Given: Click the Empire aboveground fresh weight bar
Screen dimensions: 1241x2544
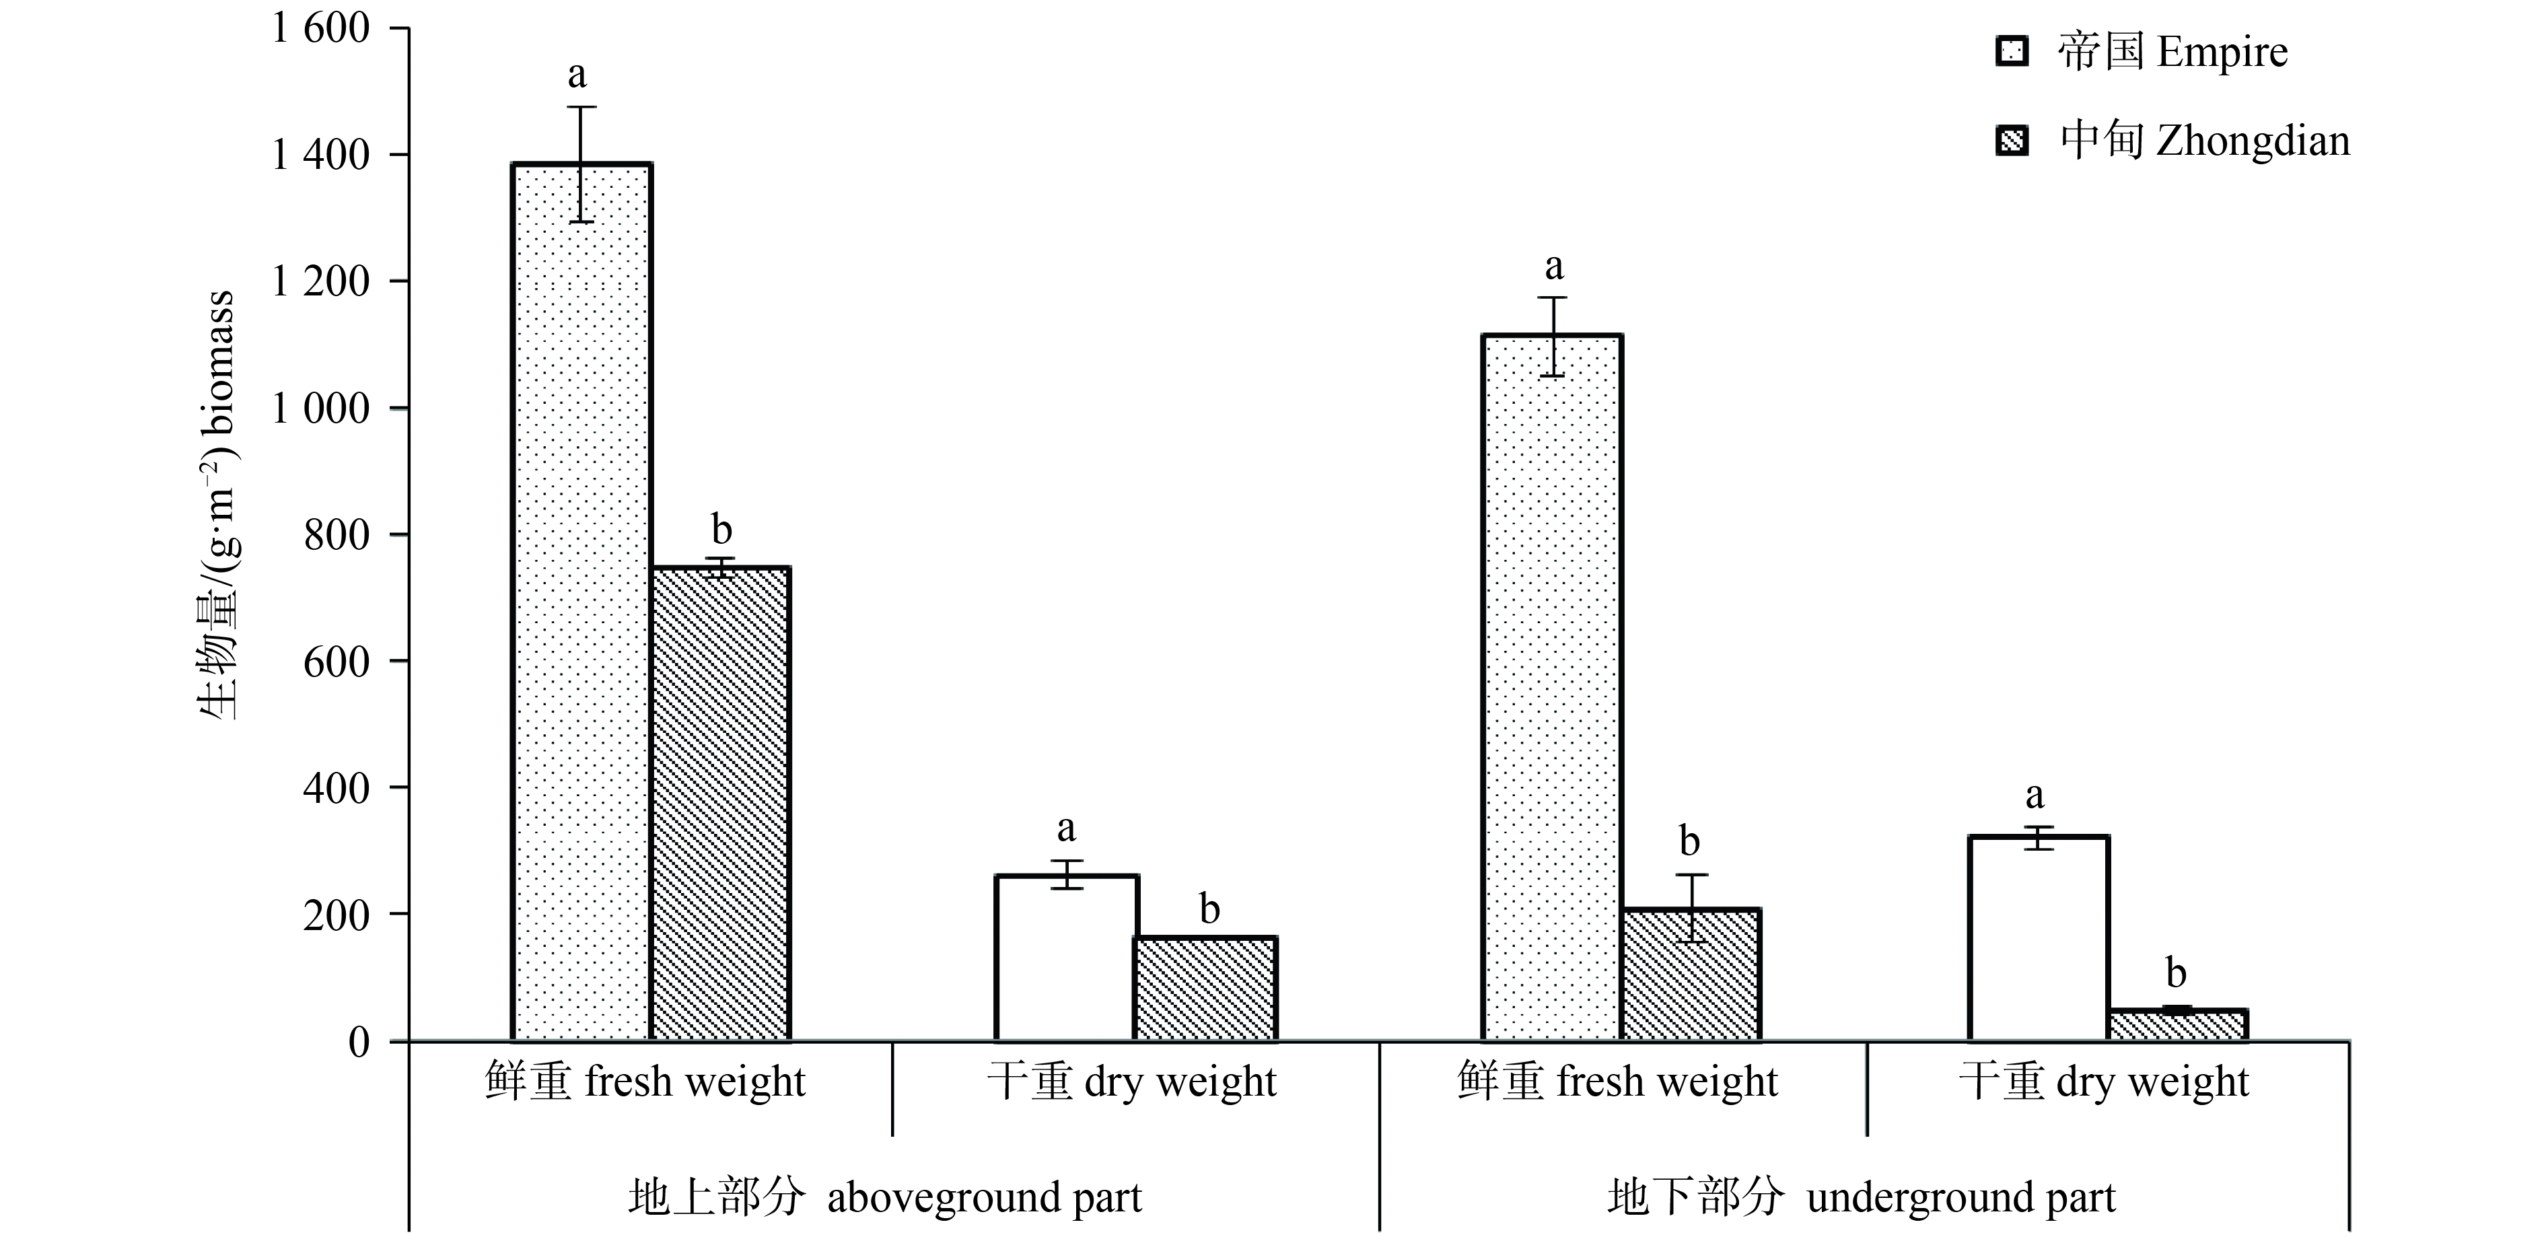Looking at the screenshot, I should coord(581,602).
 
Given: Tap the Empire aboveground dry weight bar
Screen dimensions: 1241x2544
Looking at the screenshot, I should coord(1065,958).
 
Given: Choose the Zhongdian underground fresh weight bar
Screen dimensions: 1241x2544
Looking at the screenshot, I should coord(1691,974).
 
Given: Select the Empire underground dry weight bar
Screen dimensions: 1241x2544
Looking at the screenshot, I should coord(2039,938).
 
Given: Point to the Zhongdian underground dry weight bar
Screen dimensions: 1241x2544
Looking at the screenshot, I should coord(2178,1025).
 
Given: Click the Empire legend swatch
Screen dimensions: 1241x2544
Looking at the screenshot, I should coord(2012,51).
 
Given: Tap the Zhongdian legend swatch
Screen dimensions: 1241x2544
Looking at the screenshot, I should coord(2012,141).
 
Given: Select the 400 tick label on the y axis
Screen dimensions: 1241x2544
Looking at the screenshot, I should coord(336,789).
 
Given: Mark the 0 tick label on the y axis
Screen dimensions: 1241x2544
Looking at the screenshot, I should coord(359,1042).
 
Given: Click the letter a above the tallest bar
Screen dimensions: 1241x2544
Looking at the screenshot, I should coord(577,73).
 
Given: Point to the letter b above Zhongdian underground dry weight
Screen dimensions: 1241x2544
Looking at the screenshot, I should coord(2176,973).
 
